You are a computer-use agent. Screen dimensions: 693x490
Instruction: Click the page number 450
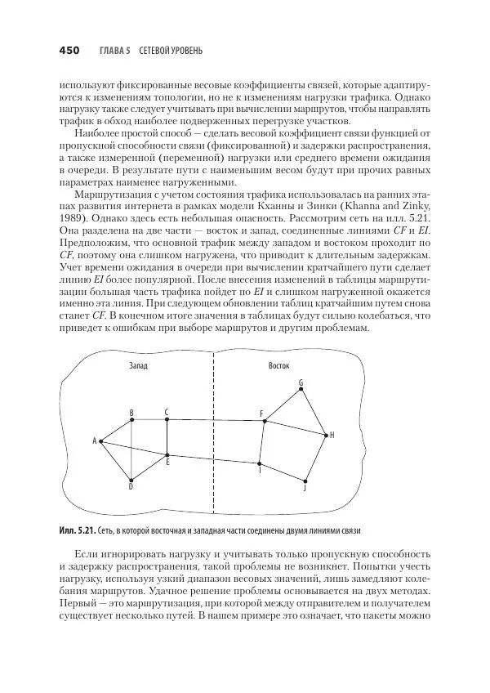[x=69, y=51]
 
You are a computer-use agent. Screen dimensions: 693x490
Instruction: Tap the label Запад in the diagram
[x=140, y=365]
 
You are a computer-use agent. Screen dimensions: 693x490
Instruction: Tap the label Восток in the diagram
[x=279, y=365]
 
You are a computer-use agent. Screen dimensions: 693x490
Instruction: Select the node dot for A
[x=100, y=441]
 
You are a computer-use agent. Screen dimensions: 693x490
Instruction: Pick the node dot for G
[x=301, y=389]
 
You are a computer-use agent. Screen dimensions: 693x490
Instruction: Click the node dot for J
[x=305, y=481]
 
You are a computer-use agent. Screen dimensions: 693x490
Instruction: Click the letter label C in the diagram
[x=166, y=412]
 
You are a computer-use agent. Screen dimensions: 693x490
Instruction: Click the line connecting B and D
[x=131, y=449]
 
